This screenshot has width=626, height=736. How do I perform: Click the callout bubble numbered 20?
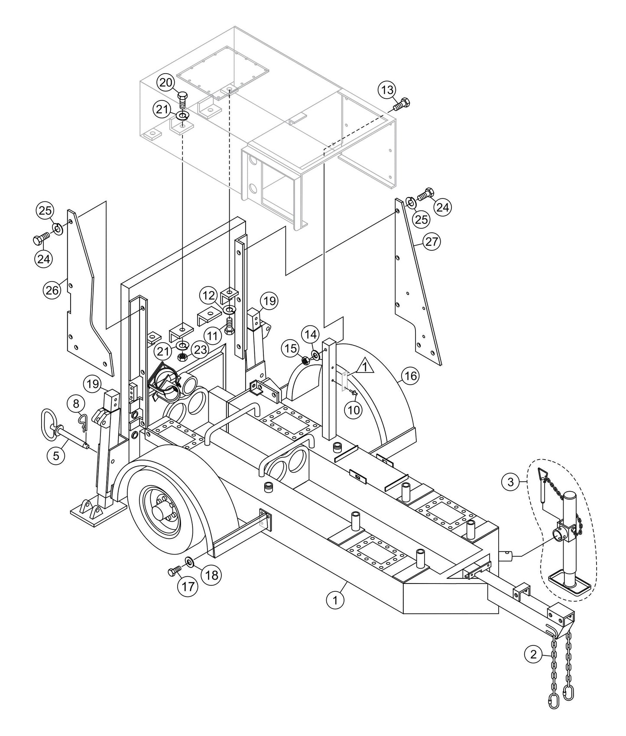point(165,82)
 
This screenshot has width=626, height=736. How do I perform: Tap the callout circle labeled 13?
point(387,90)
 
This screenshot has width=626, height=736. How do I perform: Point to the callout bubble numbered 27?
point(431,242)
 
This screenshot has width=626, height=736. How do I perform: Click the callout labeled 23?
point(200,349)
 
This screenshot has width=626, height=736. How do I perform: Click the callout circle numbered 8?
point(76,404)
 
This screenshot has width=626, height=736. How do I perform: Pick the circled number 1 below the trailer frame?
point(335,600)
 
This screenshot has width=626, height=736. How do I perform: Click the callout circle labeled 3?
point(511,482)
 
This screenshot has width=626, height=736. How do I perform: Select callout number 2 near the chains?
point(533,654)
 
